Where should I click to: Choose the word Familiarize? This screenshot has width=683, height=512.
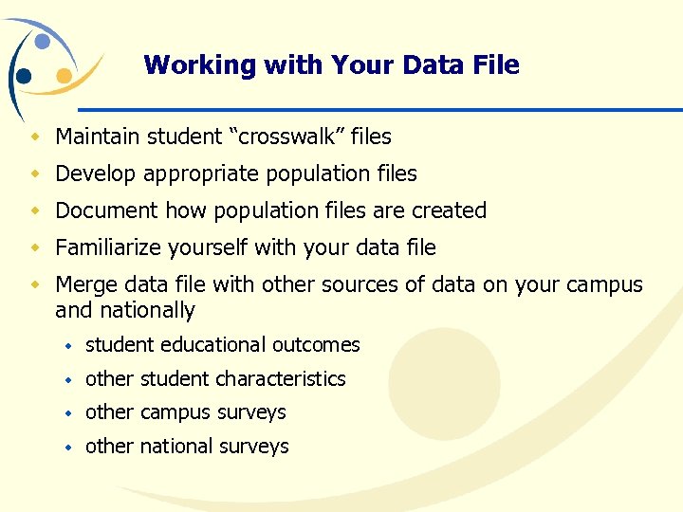108,248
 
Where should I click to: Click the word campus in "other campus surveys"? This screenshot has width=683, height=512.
177,412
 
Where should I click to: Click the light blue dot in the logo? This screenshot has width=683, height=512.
43,41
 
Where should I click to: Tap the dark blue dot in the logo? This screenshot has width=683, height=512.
23,76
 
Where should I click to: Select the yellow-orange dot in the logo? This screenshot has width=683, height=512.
64,75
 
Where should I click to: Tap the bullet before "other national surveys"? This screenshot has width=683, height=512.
68,447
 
